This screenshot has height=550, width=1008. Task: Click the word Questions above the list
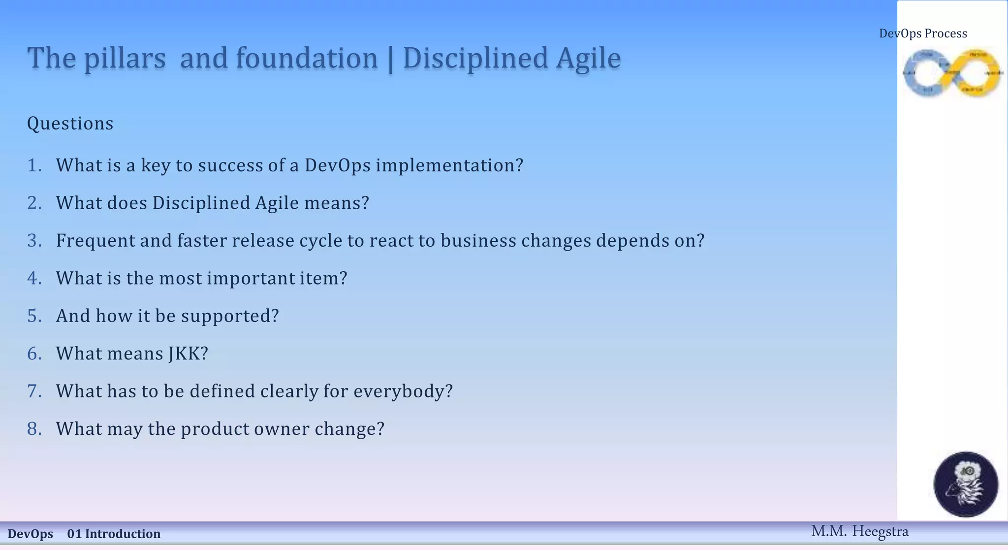[70, 124]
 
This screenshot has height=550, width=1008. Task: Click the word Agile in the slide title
[588, 59]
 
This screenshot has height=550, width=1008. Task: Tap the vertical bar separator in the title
[390, 59]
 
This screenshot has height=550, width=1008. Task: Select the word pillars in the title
[125, 59]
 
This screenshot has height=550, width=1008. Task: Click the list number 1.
[34, 165]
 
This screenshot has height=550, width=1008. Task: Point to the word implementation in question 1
[449, 165]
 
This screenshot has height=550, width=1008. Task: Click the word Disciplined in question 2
[201, 203]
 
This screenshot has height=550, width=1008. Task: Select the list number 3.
[34, 241]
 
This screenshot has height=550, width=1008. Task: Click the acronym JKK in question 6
[188, 354]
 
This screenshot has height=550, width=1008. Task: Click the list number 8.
[34, 429]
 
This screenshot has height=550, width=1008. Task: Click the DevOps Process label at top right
[923, 33]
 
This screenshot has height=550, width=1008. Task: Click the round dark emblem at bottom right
[966, 484]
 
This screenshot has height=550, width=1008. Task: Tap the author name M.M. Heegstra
[859, 531]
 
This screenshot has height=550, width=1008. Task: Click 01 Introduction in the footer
[114, 534]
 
